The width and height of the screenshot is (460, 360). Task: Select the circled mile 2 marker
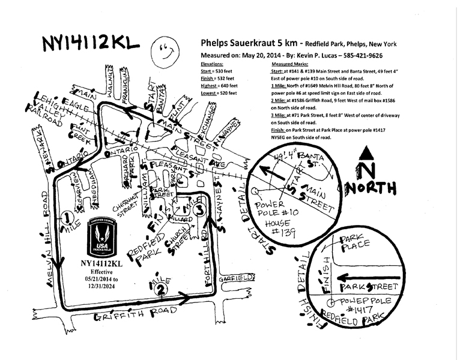point(160,289)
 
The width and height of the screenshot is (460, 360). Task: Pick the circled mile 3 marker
point(200,208)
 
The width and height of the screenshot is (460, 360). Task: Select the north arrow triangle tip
point(365,150)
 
